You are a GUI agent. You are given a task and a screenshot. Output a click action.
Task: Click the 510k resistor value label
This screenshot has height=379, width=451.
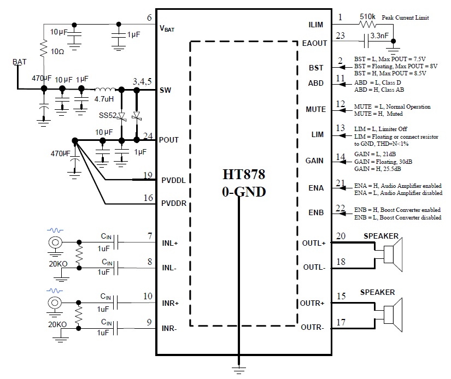click(x=367, y=17)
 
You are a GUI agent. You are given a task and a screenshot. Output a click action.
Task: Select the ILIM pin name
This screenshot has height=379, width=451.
click(x=317, y=25)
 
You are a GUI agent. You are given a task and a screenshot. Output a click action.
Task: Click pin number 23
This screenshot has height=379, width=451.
click(x=340, y=37)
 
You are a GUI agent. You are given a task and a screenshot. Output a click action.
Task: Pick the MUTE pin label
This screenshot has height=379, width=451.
click(x=315, y=109)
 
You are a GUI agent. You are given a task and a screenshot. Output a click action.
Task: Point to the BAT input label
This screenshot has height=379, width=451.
click(x=19, y=62)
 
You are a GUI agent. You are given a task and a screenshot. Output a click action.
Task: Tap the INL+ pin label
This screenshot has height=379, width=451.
click(x=169, y=243)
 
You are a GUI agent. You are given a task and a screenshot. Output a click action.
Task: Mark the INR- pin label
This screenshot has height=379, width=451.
click(x=169, y=328)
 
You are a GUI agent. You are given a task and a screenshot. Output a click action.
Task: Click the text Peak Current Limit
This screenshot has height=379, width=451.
click(x=406, y=18)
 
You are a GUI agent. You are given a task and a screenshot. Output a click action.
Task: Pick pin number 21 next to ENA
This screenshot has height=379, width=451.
click(x=341, y=183)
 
